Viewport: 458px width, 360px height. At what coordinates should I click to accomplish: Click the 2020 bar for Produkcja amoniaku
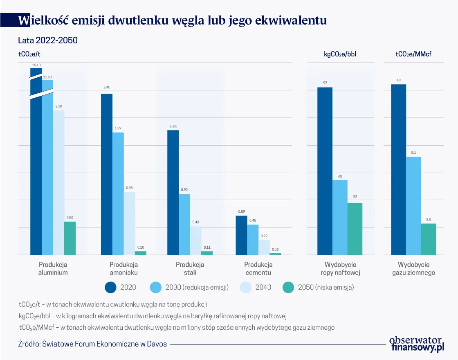pyautogui.click(x=107, y=174)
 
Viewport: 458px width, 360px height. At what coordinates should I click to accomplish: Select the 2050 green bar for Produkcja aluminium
pyautogui.click(x=70, y=238)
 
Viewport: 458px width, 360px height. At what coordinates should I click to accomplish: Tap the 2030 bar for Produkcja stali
pyautogui.click(x=184, y=224)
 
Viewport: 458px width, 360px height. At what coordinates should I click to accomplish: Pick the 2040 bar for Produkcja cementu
pyautogui.click(x=264, y=247)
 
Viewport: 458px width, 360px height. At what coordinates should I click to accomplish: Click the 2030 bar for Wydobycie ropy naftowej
pyautogui.click(x=340, y=217)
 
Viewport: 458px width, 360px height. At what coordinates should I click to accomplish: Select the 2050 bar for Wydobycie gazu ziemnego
pyautogui.click(x=429, y=239)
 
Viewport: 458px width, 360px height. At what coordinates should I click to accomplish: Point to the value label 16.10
pyautogui.click(x=36, y=65)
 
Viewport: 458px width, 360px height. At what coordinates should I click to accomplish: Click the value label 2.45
pyautogui.click(x=107, y=87)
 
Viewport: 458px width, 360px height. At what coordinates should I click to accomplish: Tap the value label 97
pyautogui.click(x=325, y=83)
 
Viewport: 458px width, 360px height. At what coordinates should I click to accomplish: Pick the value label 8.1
pyautogui.click(x=413, y=152)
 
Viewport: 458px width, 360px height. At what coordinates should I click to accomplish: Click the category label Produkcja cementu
pyautogui.click(x=258, y=269)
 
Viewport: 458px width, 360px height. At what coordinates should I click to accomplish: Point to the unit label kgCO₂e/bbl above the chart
pyautogui.click(x=340, y=54)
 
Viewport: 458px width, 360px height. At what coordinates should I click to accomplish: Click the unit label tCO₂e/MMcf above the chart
pyautogui.click(x=413, y=54)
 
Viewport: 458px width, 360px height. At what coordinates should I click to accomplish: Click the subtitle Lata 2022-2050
pyautogui.click(x=48, y=40)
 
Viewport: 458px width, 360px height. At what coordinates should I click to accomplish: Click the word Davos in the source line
pyautogui.click(x=157, y=344)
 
